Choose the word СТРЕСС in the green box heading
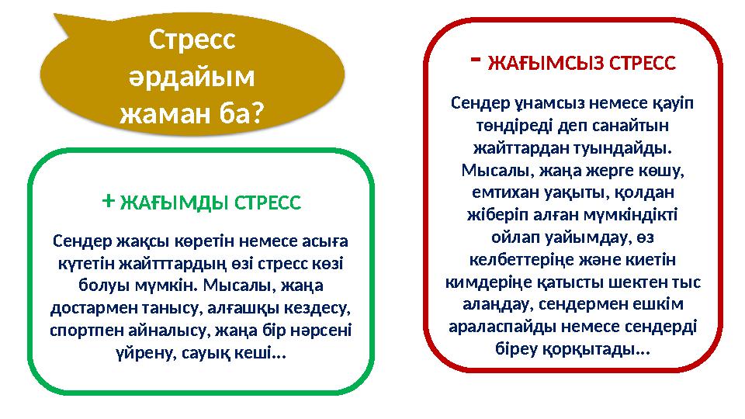[268, 204]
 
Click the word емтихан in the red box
[508, 190]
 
